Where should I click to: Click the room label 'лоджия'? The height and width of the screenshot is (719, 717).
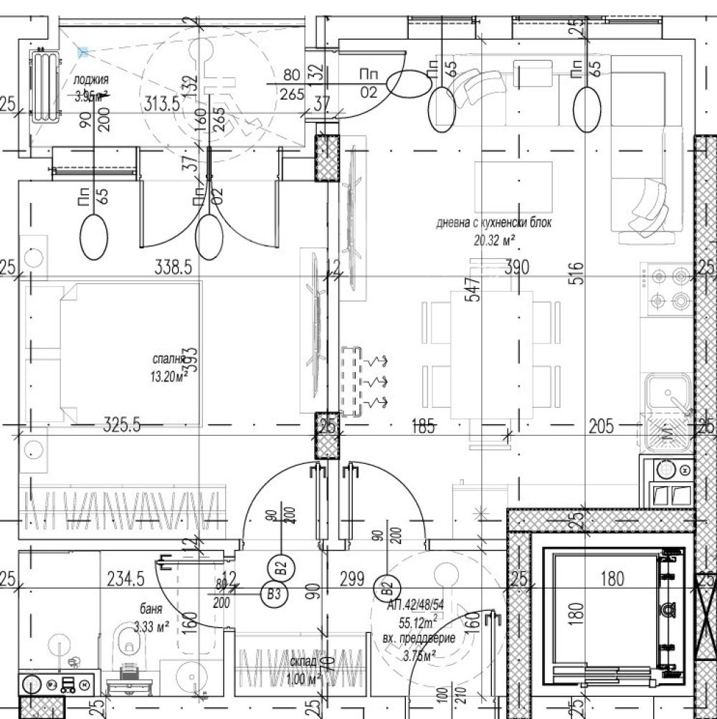pos(91,80)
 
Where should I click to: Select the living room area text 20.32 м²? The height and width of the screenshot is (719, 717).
pos(495,240)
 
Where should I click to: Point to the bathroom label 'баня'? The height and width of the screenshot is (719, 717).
pos(151,609)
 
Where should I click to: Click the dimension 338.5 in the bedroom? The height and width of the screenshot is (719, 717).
pos(174,268)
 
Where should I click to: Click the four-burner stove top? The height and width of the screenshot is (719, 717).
pos(667,288)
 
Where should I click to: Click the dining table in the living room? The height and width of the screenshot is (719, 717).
pos(492,351)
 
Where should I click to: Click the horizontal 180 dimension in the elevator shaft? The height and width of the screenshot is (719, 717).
pos(612,578)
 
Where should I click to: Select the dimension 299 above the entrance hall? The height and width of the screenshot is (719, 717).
pos(352,578)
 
